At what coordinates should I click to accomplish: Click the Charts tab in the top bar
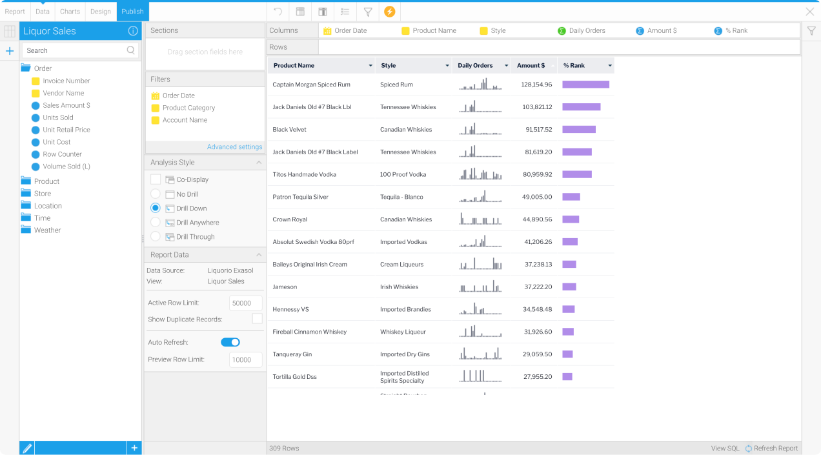70,12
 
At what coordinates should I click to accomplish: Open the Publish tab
132,12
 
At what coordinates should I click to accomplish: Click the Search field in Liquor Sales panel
74,50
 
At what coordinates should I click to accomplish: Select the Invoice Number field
66,81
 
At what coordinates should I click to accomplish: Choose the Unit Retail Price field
66,130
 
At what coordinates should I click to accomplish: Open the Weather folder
47,230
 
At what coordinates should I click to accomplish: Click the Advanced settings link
234,147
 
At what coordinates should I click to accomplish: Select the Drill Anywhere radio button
156,223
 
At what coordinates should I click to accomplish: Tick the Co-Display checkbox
156,179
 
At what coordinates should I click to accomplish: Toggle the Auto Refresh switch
230,342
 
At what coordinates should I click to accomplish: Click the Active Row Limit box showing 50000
245,303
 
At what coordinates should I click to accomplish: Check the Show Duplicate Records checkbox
257,319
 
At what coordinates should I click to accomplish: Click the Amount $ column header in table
531,65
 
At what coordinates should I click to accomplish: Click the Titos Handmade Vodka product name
304,174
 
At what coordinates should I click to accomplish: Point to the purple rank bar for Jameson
569,287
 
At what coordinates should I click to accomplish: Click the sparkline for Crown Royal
480,219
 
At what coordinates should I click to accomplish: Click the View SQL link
725,449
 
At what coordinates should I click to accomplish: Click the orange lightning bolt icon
389,12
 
